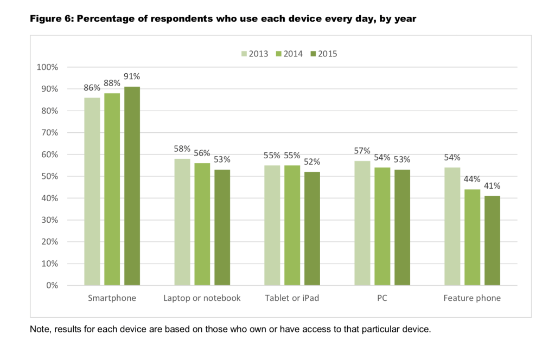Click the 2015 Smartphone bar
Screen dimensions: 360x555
point(132,186)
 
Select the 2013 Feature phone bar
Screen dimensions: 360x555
point(452,226)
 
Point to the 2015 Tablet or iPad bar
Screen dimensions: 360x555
point(312,228)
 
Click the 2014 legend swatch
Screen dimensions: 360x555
point(280,54)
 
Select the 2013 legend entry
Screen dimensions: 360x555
point(254,54)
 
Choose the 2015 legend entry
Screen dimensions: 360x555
point(323,54)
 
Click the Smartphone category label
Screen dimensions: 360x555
point(112,298)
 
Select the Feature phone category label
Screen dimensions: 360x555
point(472,298)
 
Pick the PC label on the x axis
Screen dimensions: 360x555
point(382,298)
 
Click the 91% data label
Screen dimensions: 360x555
point(132,76)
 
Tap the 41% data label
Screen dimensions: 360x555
point(492,185)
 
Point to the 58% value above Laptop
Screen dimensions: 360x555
point(182,149)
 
